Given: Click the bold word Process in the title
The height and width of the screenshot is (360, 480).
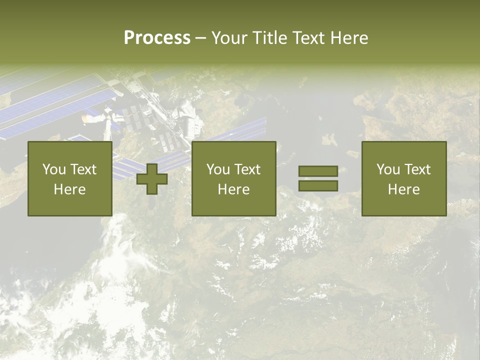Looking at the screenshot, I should (157, 38).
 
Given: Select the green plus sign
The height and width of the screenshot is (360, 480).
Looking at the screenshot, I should (152, 179).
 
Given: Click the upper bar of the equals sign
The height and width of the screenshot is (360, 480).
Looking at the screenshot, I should (318, 171).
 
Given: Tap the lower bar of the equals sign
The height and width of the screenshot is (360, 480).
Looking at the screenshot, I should (318, 186).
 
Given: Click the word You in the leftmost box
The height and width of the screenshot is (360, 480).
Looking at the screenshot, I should (54, 169).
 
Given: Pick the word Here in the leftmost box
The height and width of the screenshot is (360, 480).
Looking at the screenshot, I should (69, 189).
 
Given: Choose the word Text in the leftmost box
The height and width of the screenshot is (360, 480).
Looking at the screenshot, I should (83, 169).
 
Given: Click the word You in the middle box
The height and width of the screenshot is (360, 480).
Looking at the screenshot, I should (218, 169).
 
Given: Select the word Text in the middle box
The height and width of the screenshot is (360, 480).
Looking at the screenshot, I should (247, 169).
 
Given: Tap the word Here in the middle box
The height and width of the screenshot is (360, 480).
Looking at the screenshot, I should (233, 189).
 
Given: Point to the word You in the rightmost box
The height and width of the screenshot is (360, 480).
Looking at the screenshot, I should (388, 169).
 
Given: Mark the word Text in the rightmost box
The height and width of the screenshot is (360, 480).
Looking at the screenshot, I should (417, 169).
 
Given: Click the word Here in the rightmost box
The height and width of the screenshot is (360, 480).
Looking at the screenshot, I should (403, 189).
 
